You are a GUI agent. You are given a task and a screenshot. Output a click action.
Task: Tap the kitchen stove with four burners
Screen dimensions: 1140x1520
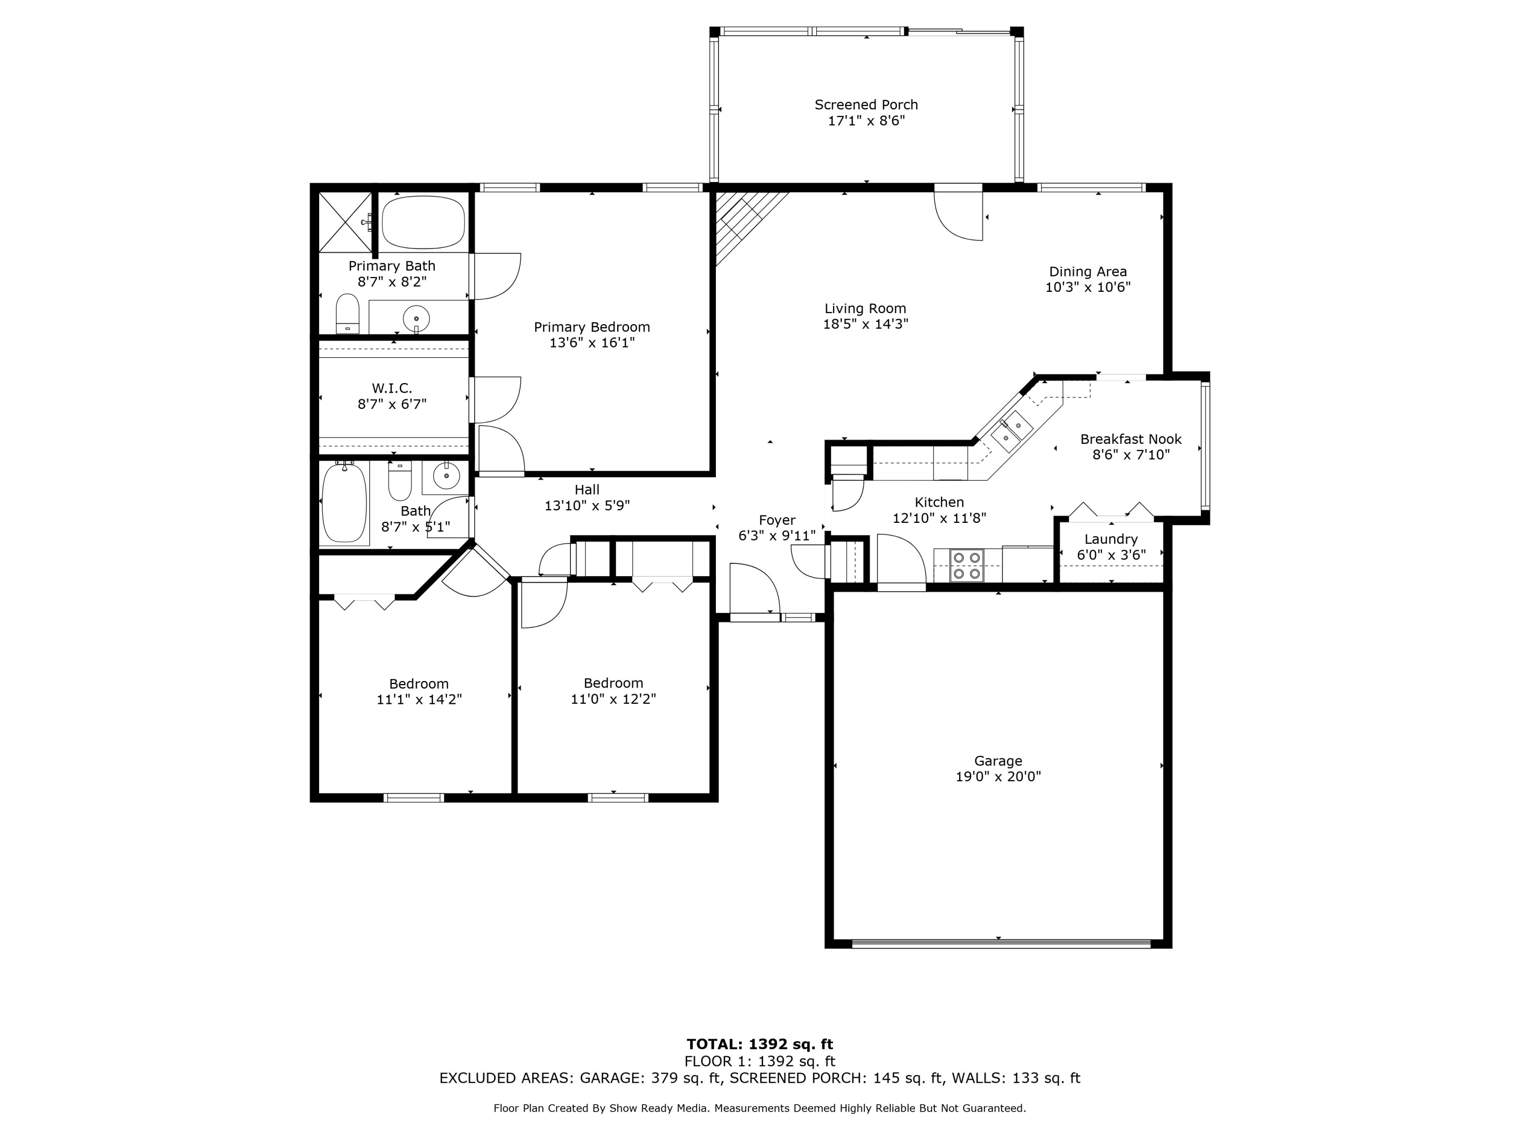pyautogui.click(x=966, y=565)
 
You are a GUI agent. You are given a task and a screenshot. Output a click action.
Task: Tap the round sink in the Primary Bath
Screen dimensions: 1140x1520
pyautogui.click(x=416, y=319)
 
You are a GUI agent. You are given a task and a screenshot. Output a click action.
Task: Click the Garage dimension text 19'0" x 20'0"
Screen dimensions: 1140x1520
pyautogui.click(x=998, y=777)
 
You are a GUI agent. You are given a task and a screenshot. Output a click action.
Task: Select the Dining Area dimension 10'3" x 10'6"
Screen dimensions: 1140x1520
pyautogui.click(x=1088, y=287)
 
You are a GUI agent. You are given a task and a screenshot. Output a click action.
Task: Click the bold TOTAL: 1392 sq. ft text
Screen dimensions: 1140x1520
pyautogui.click(x=759, y=1044)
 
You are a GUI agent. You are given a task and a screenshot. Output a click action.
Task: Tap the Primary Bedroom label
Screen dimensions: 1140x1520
pyautogui.click(x=592, y=327)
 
